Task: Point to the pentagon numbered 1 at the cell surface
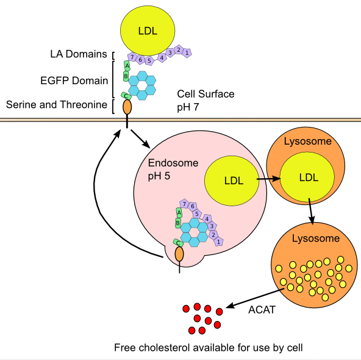coord(187,52)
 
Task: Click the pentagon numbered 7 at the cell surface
coord(131,57)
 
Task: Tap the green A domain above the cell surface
coord(127,66)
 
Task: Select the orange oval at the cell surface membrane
coord(127,107)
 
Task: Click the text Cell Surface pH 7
coord(206,100)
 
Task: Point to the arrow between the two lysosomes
coord(312,210)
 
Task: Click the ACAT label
coord(262,309)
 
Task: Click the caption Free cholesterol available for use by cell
coord(208,348)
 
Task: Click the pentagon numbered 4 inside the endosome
coord(207,218)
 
